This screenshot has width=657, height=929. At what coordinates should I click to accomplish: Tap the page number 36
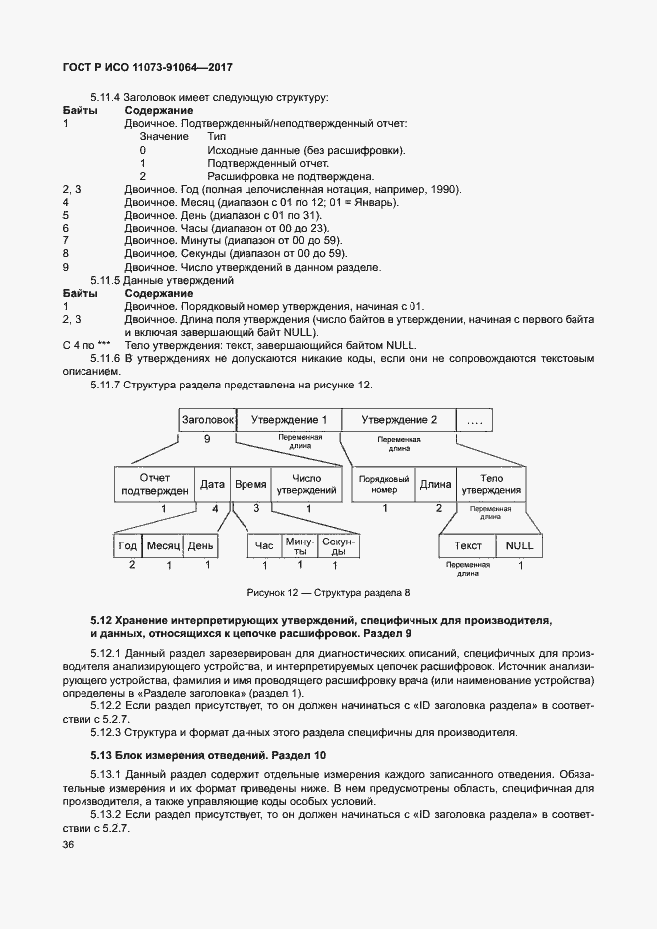[69, 844]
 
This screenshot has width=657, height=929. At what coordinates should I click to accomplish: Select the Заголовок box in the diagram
[208, 420]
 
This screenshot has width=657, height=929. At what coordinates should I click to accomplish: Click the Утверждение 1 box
[289, 420]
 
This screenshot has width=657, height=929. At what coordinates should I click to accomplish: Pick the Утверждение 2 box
[399, 420]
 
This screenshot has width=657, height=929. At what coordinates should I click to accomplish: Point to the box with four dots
[474, 420]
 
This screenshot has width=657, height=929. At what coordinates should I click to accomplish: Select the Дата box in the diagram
[212, 484]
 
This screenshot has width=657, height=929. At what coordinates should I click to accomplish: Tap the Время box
[249, 484]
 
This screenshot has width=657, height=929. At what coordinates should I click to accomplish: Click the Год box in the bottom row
[128, 545]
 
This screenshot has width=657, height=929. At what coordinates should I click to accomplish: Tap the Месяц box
[162, 545]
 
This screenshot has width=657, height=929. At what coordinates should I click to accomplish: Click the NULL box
[519, 545]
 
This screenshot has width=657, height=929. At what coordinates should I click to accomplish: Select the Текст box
[468, 545]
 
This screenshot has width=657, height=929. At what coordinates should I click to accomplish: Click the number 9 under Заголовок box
[206, 438]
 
